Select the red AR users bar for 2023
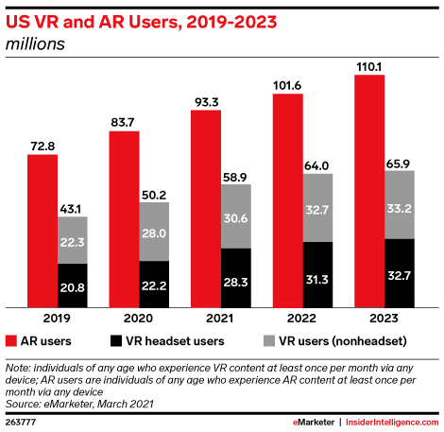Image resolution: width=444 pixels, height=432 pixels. pyautogui.click(x=369, y=190)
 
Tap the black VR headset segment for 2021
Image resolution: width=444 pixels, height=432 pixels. pyautogui.click(x=235, y=278)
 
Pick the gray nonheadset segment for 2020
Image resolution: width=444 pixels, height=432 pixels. pyautogui.click(x=154, y=232)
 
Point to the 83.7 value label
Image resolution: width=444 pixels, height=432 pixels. pyautogui.click(x=124, y=122)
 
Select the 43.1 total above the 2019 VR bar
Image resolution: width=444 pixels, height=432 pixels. pyautogui.click(x=73, y=208)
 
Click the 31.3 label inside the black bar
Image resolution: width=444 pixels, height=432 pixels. pyautogui.click(x=317, y=275)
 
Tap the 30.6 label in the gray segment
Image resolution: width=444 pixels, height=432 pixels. pyautogui.click(x=235, y=216)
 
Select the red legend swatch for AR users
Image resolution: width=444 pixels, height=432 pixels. pyautogui.click(x=12, y=340)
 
